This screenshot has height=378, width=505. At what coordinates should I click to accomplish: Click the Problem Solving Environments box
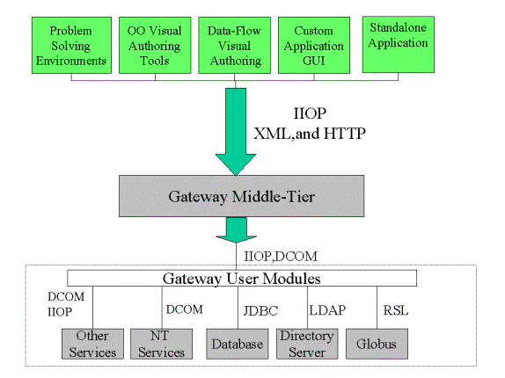(71, 46)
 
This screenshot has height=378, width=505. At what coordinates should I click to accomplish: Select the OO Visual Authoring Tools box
(155, 46)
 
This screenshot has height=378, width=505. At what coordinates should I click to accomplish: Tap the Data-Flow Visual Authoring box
(234, 46)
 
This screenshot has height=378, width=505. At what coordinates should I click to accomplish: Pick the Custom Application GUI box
(314, 46)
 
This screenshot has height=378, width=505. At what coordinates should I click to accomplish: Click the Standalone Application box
(398, 45)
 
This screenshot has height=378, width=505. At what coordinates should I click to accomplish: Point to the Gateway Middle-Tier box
(242, 196)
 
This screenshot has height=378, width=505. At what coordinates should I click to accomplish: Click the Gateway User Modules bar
(242, 279)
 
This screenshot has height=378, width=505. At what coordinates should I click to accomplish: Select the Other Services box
(92, 344)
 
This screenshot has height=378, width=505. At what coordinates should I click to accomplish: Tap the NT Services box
(161, 344)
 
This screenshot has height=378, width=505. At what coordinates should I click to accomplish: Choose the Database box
(238, 344)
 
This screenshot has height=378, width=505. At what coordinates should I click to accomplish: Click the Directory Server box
(307, 344)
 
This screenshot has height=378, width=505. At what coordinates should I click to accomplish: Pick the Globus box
(377, 344)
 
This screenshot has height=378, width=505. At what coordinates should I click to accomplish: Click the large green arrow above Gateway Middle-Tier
(236, 132)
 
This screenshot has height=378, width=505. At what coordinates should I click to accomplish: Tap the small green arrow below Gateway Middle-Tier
(236, 230)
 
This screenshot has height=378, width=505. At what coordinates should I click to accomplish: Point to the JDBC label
(260, 311)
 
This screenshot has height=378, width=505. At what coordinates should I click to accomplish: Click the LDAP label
(327, 310)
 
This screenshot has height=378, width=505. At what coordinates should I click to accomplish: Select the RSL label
(396, 310)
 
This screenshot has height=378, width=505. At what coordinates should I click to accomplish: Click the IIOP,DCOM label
(281, 257)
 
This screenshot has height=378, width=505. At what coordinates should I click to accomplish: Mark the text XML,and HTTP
(310, 134)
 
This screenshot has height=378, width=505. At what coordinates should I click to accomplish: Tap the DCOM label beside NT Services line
(185, 309)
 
